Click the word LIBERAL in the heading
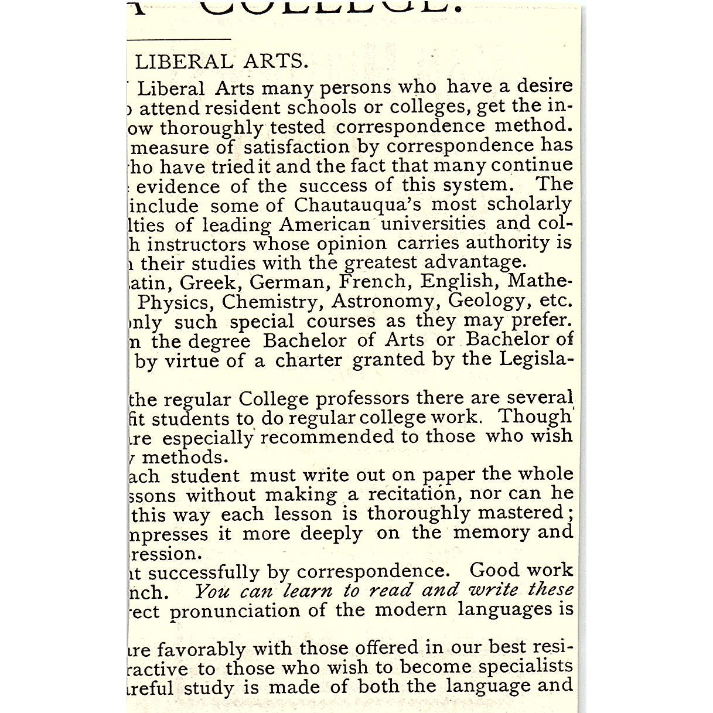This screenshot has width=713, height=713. tap(183, 62)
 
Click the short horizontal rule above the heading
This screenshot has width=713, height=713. tap(179, 39)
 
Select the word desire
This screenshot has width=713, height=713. tap(544, 86)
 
